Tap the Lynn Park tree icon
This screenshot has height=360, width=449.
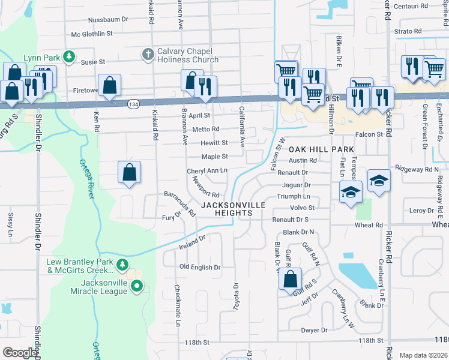(69, 57)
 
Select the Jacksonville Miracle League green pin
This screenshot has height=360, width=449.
(137, 286)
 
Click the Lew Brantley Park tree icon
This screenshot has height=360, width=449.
(122, 264)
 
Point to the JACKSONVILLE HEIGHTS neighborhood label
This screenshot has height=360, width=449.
(233, 209)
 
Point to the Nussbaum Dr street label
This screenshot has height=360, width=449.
(108, 20)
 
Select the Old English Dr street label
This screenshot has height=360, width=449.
(200, 267)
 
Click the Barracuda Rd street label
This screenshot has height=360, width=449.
(180, 203)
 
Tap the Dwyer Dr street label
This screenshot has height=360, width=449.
(315, 330)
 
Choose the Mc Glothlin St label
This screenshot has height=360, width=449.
(92, 35)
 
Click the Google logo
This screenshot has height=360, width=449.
(20, 353)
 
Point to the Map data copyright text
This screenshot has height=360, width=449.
(423, 355)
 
